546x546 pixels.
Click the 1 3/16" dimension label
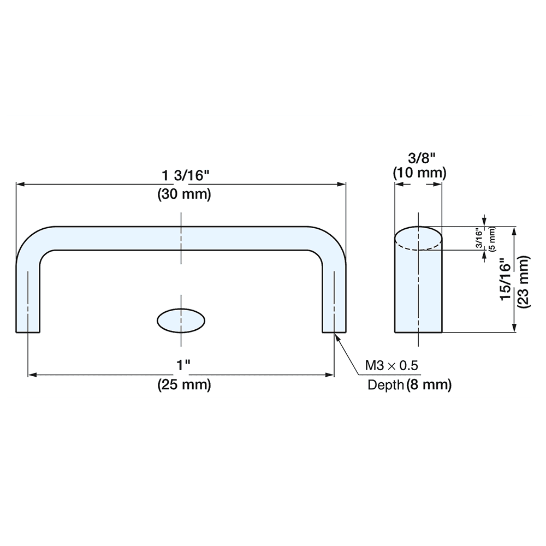(x=184, y=176)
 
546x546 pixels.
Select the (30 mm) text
(x=184, y=194)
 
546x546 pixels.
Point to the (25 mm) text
(x=184, y=384)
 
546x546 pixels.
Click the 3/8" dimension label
(x=422, y=158)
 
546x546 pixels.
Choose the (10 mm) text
(x=420, y=173)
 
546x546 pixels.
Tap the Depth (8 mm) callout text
(x=410, y=385)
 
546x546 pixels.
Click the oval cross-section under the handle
(x=181, y=321)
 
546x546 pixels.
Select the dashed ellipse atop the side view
(x=418, y=239)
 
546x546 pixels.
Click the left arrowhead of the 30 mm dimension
(x=20, y=185)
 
